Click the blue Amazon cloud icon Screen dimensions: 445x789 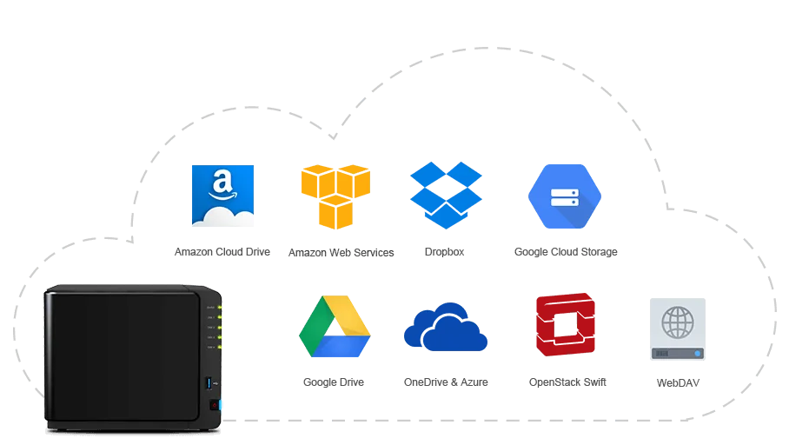coord(222,195)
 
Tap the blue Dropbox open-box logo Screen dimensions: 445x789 coord(447,194)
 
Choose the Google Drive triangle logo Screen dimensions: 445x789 coord(335,327)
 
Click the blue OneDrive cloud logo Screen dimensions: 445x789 coord(447,329)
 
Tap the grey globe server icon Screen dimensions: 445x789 coord(678,327)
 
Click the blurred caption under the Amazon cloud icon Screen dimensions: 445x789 coord(222,251)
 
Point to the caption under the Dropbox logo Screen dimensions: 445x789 coord(445,251)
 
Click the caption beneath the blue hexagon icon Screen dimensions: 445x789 coord(566,251)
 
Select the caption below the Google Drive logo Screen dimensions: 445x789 coord(334,382)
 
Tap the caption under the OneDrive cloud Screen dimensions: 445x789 coord(448,382)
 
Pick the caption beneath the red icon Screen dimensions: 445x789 coord(570,382)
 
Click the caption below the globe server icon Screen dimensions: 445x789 coord(678,382)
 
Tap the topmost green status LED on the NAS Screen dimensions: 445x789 coord(220,307)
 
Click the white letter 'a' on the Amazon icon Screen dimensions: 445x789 coord(222,183)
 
